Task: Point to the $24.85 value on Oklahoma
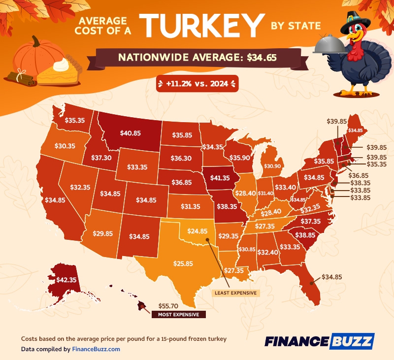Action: pos(197,230)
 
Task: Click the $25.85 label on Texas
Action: pos(183,264)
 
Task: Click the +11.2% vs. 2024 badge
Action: pos(197,84)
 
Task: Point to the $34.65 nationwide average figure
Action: pos(260,58)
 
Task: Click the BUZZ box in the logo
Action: pos(353,341)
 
